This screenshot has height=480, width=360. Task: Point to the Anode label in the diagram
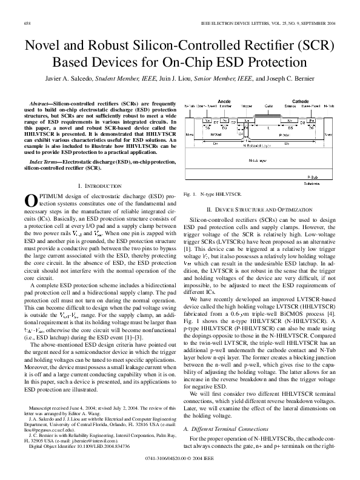[x=223, y=101]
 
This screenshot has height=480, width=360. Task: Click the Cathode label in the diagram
[x=299, y=101]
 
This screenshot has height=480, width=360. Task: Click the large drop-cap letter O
[x=30, y=200]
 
